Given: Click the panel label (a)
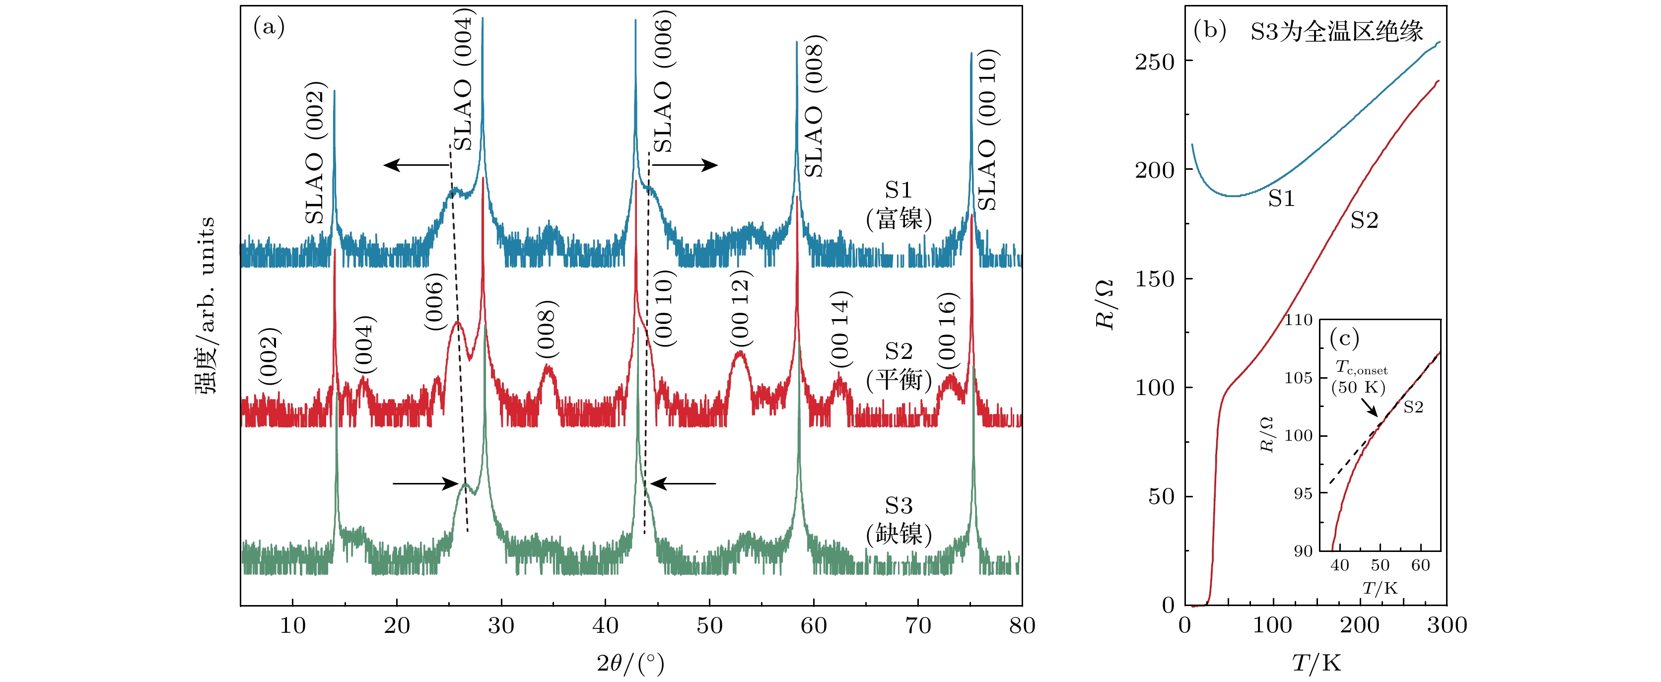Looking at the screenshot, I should (269, 27).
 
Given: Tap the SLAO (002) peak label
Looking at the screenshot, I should (315, 153).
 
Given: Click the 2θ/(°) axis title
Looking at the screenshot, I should (630, 663).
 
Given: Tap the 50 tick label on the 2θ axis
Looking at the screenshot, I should (709, 625).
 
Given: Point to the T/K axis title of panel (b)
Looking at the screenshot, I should (1316, 663).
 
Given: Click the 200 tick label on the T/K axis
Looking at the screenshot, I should (1360, 625).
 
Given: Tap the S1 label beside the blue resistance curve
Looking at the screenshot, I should (1281, 199).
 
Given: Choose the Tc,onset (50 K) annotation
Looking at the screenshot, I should (1360, 378).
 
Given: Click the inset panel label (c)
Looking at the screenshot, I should (1344, 339).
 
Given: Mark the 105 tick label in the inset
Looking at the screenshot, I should (1298, 378).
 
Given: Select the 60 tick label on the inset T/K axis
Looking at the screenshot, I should (1421, 565).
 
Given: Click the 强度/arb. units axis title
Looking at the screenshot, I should (206, 305).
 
